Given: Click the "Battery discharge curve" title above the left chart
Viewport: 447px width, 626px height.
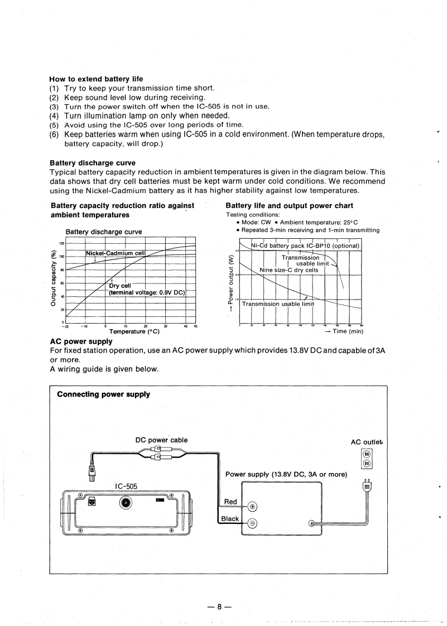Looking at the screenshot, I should pyautogui.click(x=104, y=232).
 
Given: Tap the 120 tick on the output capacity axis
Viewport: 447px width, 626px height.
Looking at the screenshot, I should pyautogui.click(x=62, y=243).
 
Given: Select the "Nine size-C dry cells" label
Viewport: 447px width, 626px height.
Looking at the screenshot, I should pyautogui.click(x=289, y=270).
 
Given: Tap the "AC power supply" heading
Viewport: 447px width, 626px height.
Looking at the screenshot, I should pyautogui.click(x=81, y=341).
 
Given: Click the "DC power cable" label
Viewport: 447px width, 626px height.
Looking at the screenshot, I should pyautogui.click(x=162, y=440).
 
